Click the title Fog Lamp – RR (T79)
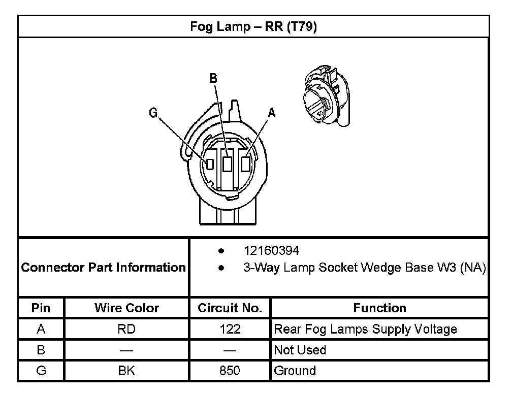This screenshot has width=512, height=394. coord(253,27)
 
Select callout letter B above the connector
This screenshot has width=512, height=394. coord(213,78)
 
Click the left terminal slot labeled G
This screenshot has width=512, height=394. coord(209,163)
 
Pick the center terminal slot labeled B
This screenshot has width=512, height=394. coord(228,163)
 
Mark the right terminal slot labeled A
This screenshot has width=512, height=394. coord(246,163)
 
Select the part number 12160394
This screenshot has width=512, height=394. coord(271,251)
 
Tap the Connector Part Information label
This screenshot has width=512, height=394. coord(104,268)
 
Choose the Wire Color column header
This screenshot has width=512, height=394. coord(127,308)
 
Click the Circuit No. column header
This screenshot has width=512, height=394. coord(230,308)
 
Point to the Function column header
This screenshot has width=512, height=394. coord(379,308)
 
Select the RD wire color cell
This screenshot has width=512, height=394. coord(127,330)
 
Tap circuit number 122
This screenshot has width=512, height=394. coord(230,330)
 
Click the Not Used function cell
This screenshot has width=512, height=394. coord(300,350)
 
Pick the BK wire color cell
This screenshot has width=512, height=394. coord(127,371)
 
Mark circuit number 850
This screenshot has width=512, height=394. coord(230,371)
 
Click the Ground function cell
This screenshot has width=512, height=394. coord(295,371)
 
